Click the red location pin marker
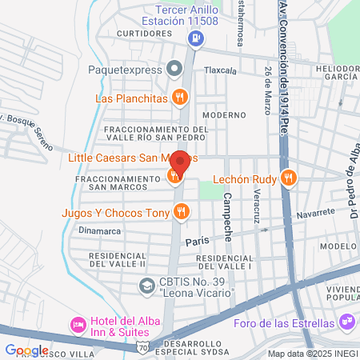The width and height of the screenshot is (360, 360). [x=180, y=162]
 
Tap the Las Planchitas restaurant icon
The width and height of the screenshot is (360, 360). [x=182, y=98]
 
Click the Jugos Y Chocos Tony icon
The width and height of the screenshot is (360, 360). [x=182, y=212]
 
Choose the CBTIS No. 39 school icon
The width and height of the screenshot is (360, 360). [x=146, y=285]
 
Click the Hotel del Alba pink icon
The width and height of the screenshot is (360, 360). [x=78, y=324]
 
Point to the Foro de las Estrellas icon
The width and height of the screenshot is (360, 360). [x=346, y=323]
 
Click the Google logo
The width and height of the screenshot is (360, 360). [x=26, y=350]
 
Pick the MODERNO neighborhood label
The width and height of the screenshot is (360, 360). [x=230, y=114]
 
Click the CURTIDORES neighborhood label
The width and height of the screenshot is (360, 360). [x=144, y=34]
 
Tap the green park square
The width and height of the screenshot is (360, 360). [x=209, y=190]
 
